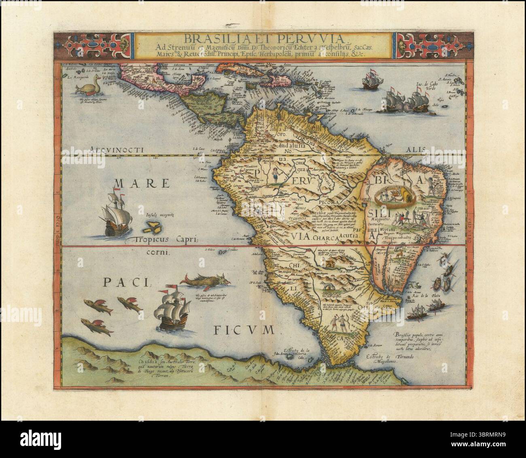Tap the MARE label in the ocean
point(137,183)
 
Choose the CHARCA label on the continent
point(325,239)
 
